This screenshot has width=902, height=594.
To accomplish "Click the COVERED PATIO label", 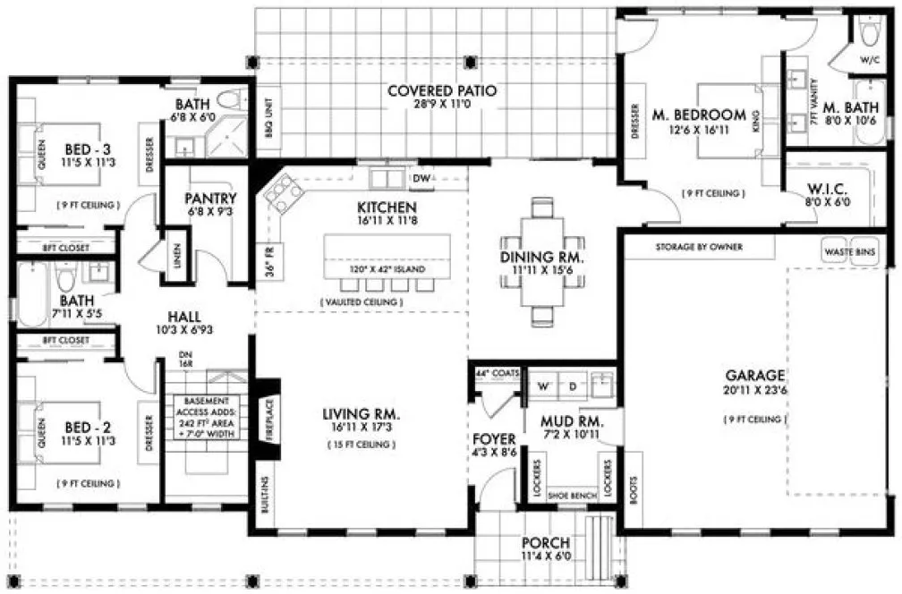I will click(x=442, y=90).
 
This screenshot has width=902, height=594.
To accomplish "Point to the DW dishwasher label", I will click(x=421, y=179).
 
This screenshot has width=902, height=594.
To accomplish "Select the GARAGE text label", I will click(x=755, y=375).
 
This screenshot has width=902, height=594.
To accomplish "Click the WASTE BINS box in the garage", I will click(x=848, y=251).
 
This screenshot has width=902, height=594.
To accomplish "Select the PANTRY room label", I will click(x=210, y=199).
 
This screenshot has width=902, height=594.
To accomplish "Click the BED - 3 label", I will click(x=81, y=149).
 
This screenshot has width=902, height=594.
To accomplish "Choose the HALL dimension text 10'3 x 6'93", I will click(x=183, y=330).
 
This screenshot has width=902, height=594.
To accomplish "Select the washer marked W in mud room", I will click(x=543, y=387).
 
